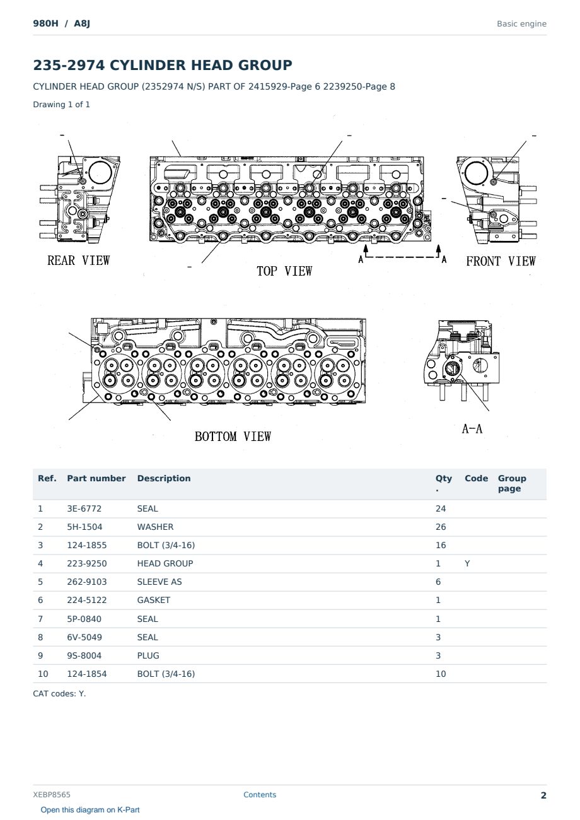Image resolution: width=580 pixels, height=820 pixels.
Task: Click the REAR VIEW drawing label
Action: (x=79, y=261)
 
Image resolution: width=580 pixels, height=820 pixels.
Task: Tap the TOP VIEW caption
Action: (x=284, y=271)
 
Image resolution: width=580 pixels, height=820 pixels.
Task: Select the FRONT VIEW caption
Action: (x=501, y=261)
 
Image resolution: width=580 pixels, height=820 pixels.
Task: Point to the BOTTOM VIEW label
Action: (x=233, y=436)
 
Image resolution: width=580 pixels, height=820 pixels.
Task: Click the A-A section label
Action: (x=472, y=428)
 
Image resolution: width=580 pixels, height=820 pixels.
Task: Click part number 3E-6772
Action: (x=84, y=508)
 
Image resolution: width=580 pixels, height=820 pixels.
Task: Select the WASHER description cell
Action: (x=155, y=527)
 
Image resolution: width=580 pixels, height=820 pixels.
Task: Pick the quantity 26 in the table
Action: (x=441, y=527)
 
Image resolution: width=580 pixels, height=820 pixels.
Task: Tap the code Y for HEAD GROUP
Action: (x=467, y=563)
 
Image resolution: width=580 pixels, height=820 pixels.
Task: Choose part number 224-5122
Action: (x=87, y=600)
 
